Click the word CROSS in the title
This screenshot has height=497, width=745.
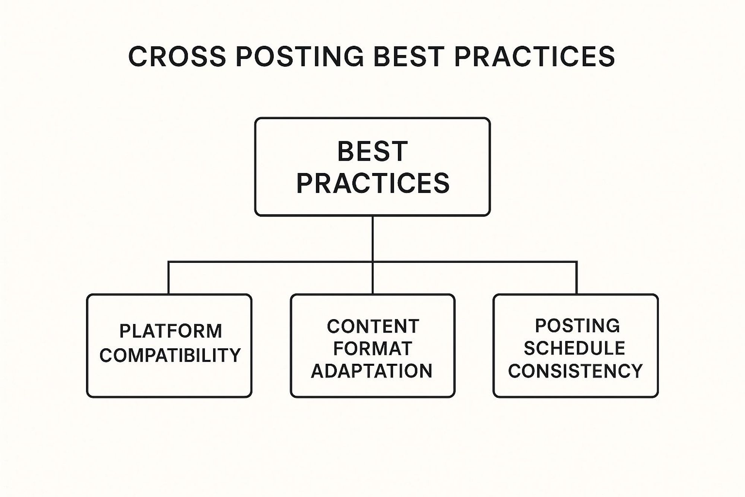pyautogui.click(x=177, y=57)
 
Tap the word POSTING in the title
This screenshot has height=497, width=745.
pyautogui.click(x=299, y=57)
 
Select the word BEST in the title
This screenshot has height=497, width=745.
pyautogui.click(x=408, y=57)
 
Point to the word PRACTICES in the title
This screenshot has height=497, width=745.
pyautogui.click(x=534, y=57)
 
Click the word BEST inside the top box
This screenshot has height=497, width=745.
pyautogui.click(x=372, y=151)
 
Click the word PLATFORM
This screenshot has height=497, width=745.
pyautogui.click(x=171, y=331)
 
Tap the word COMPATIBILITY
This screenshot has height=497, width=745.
pyautogui.click(x=170, y=355)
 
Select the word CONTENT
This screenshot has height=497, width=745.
pyautogui.click(x=373, y=327)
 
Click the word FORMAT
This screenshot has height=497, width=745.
pyautogui.click(x=372, y=349)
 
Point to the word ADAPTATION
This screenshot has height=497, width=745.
pyautogui.click(x=372, y=371)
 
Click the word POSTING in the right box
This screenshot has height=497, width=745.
pyautogui.click(x=577, y=326)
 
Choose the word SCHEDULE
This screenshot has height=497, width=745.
pyautogui.click(x=574, y=348)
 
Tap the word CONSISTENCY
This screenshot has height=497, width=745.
pyautogui.click(x=576, y=371)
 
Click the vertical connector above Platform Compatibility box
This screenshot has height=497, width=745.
pyautogui.click(x=168, y=278)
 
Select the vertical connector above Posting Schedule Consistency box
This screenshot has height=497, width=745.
pyautogui.click(x=577, y=278)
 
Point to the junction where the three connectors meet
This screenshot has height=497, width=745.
pyautogui.click(x=372, y=262)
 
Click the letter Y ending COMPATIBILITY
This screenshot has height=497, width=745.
pyautogui.click(x=235, y=355)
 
